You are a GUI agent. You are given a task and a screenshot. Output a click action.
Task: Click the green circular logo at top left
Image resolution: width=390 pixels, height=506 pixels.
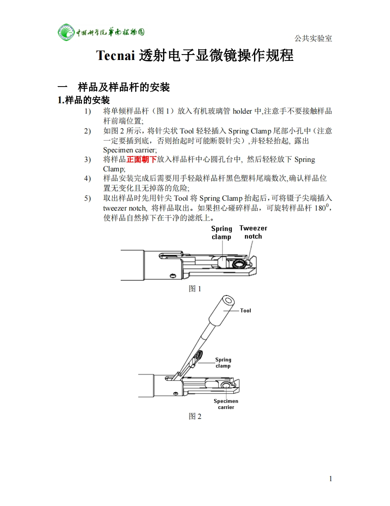pos(66,32)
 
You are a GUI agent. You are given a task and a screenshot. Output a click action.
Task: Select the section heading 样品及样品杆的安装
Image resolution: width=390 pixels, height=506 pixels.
pos(124,87)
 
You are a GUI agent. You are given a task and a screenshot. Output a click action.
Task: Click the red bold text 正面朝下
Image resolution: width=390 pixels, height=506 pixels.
pos(141,159)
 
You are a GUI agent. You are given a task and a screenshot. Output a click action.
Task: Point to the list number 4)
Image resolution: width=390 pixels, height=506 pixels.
pos(87,178)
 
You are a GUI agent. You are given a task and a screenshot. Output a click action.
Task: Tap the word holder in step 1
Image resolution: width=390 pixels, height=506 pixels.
pos(242,111)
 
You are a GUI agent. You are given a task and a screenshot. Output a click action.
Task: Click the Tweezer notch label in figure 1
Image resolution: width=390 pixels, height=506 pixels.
pos(253,232)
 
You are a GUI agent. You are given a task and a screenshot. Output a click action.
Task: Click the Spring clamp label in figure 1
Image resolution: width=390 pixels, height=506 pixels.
pos(222,233)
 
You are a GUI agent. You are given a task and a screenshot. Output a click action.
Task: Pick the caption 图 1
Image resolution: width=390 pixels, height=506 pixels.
pos(195,289)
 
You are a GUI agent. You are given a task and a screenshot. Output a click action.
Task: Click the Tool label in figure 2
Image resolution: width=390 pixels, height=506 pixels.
pos(245,310)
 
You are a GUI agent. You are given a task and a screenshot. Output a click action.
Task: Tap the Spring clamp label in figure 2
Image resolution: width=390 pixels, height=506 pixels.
pos(223,363)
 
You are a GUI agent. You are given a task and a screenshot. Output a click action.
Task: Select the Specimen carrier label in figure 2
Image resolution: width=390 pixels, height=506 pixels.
pos(226,404)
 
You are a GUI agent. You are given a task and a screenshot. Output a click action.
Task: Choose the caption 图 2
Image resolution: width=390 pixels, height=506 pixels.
pos(195,416)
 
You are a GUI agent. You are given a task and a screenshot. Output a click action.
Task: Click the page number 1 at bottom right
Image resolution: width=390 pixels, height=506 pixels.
pos(331,478)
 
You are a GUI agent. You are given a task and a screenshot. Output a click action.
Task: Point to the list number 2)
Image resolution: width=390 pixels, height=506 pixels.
pos(87,131)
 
